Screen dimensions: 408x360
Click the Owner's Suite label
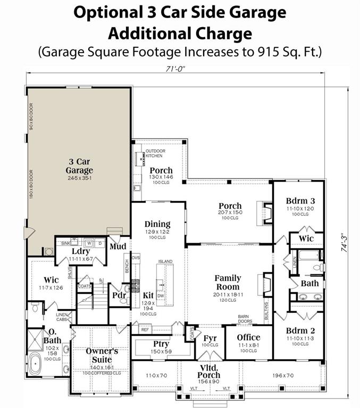[x=102, y=355]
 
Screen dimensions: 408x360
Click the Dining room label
[x=157, y=224]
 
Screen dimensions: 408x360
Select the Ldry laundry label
[x=81, y=250]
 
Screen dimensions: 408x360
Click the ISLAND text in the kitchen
[x=165, y=261]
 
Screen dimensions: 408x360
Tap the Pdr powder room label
[x=118, y=295]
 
